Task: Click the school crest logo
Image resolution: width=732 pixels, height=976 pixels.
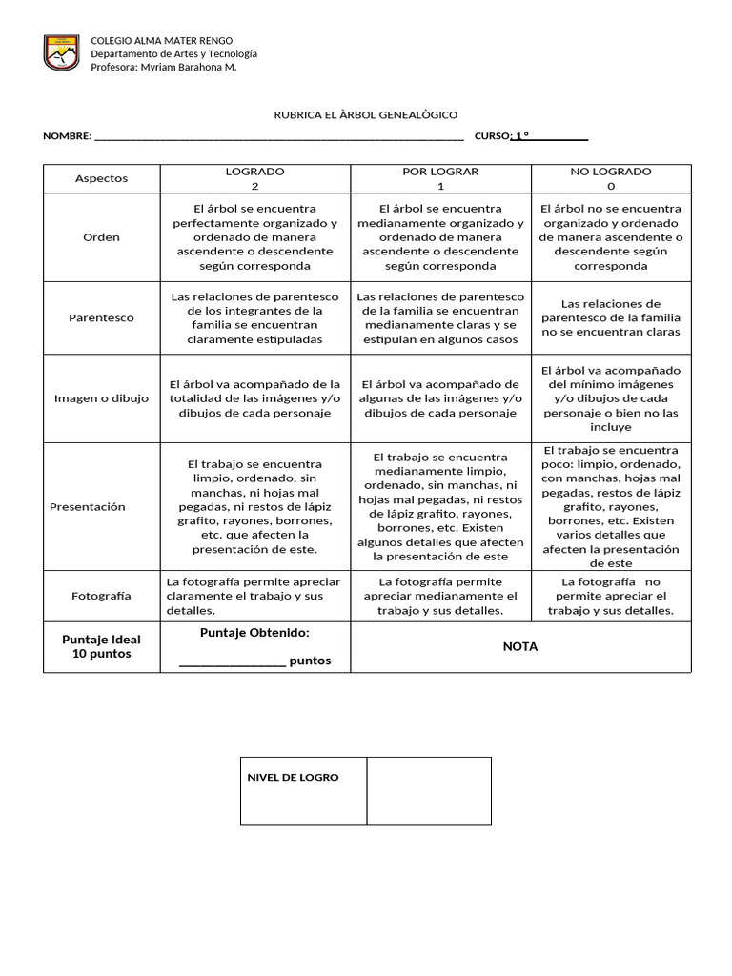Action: [x=61, y=52]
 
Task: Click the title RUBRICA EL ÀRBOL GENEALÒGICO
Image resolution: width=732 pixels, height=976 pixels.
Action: [x=366, y=114]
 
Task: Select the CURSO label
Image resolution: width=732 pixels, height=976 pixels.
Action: [x=493, y=136]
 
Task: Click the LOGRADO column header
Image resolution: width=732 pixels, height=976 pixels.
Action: [x=254, y=178]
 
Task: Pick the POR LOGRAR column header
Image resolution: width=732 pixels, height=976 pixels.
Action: [x=440, y=178]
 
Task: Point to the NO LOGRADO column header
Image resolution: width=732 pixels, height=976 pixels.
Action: [x=611, y=178]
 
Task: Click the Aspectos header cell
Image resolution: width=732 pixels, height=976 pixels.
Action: [x=101, y=178]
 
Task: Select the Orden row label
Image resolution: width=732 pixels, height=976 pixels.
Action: [x=101, y=236]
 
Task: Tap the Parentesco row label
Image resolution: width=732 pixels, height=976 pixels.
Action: [x=101, y=317]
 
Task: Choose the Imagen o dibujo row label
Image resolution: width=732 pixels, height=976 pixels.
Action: [x=101, y=398]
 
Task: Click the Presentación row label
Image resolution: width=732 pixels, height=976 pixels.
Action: [x=88, y=507]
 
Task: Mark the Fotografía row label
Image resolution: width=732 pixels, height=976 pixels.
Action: [x=101, y=596]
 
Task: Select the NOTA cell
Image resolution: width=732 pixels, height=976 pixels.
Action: [x=520, y=646]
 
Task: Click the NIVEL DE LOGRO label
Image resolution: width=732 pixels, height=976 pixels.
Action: [x=293, y=778]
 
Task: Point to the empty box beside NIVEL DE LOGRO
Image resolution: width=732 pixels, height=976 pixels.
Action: [x=429, y=791]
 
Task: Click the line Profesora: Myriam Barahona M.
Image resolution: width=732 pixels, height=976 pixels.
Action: [x=163, y=67]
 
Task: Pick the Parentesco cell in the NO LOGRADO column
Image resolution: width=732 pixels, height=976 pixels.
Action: [x=611, y=317]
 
